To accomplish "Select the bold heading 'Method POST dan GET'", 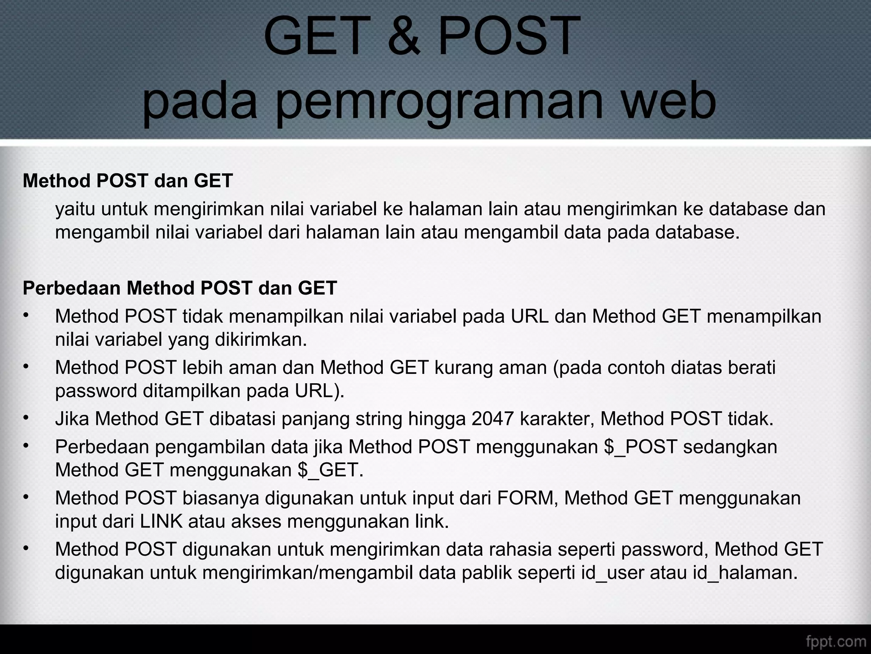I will pyautogui.click(x=128, y=181).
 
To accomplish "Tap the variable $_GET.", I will pyautogui.click(x=330, y=470).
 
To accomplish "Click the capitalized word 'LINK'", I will pyautogui.click(x=161, y=521).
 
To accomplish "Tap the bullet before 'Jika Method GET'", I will pyautogui.click(x=26, y=418).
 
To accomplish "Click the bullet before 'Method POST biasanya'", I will pyautogui.click(x=26, y=496).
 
